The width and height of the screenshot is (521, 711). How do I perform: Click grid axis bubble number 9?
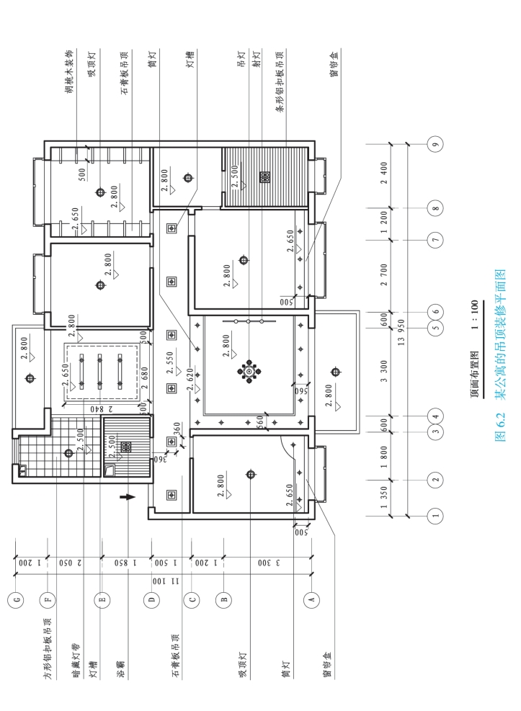pos(435,145)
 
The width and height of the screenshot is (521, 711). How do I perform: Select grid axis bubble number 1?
pos(435,516)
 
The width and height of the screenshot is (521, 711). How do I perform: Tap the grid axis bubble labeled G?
pos(17,599)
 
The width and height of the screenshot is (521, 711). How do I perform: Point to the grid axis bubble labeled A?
pos(311,599)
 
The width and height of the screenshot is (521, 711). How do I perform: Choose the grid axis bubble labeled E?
pos(102,599)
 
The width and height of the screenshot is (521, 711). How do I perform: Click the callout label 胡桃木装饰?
pos(69,71)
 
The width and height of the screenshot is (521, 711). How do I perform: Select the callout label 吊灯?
pos(241,59)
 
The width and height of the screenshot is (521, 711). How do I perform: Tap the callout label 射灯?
pos(257,59)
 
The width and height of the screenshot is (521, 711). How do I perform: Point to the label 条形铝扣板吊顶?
pos(280,81)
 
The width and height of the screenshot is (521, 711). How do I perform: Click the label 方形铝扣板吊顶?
pos(48,648)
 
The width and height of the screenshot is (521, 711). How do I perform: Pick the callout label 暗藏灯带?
pos(76,660)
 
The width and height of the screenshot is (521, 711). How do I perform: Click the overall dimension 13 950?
pos(401,332)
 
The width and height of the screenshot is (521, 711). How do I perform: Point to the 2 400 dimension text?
pos(384,173)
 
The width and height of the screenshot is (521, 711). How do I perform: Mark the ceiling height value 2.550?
pos(170,363)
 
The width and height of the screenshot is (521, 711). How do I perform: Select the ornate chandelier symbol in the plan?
pos(249,372)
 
